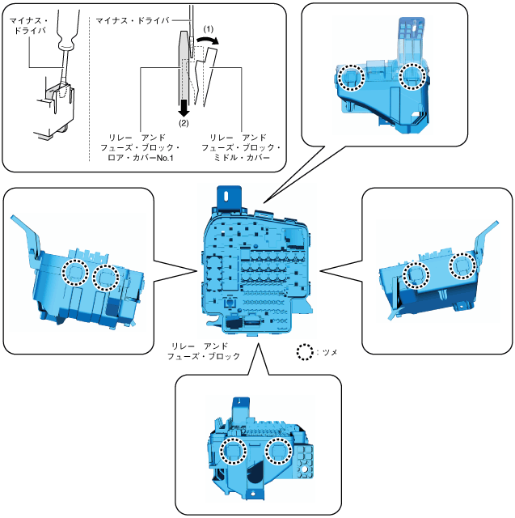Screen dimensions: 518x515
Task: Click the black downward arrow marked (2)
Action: (x=184, y=106)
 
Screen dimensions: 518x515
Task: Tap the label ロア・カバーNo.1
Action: (x=146, y=159)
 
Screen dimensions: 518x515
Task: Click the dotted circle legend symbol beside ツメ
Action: (x=306, y=353)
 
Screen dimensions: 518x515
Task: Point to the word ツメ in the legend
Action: (x=329, y=353)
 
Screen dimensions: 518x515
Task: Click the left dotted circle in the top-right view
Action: (x=350, y=77)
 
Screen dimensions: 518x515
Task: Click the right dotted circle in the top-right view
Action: (x=413, y=75)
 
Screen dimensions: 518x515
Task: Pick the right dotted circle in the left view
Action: (x=107, y=278)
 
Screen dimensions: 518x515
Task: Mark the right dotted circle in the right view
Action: (x=462, y=265)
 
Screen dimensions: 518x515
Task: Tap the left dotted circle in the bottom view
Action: (x=232, y=451)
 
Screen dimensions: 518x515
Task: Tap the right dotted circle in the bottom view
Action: (x=279, y=451)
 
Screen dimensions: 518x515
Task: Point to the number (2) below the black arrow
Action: (x=184, y=124)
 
